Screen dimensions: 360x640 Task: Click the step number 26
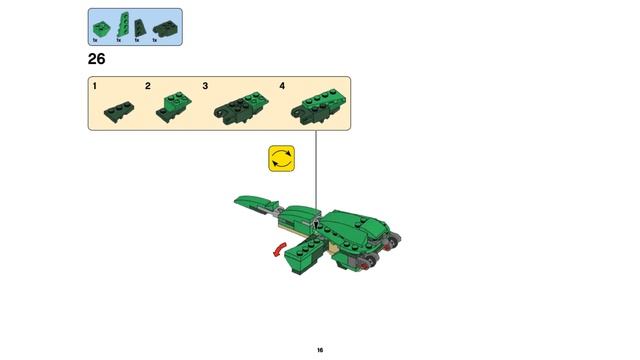97,59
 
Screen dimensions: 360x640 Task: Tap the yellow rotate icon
282,159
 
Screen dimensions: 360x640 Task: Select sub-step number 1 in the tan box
95,87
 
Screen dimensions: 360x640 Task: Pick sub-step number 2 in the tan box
148,87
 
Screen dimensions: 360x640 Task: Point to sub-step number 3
206,87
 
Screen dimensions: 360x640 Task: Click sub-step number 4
283,87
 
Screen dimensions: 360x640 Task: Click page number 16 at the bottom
320,350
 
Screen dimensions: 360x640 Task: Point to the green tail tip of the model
246,200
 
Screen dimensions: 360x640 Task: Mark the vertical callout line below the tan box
316,170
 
